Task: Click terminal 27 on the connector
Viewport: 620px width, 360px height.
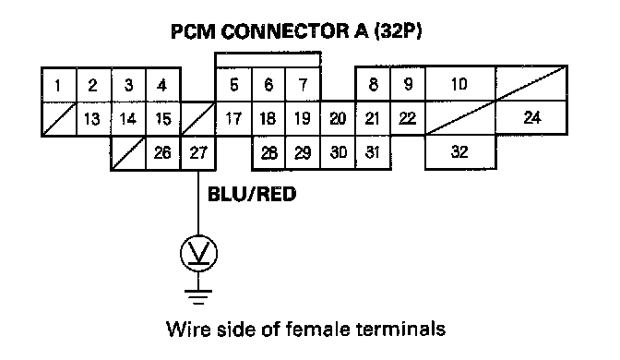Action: pyautogui.click(x=198, y=153)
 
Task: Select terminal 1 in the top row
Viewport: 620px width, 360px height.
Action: pyautogui.click(x=59, y=85)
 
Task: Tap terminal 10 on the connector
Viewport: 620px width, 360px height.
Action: pyautogui.click(x=459, y=84)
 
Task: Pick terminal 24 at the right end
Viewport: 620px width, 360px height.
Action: pyautogui.click(x=531, y=117)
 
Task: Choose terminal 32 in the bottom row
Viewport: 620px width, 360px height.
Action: pyautogui.click(x=460, y=152)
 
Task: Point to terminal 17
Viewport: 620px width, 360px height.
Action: pyautogui.click(x=233, y=119)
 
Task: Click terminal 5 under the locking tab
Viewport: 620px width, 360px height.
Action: pyautogui.click(x=233, y=85)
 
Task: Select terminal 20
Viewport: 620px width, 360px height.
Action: pyautogui.click(x=338, y=119)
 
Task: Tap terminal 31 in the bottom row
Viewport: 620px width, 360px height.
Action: pyautogui.click(x=373, y=152)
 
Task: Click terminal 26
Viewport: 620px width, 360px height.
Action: pyautogui.click(x=163, y=153)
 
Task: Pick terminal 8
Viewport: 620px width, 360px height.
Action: pyautogui.click(x=373, y=84)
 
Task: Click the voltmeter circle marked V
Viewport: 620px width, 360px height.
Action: pyautogui.click(x=198, y=254)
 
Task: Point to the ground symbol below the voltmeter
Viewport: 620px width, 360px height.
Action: pyautogui.click(x=198, y=297)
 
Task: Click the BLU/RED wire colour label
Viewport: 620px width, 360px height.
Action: pyautogui.click(x=252, y=194)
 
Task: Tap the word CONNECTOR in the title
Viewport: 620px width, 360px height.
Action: pyautogui.click(x=284, y=31)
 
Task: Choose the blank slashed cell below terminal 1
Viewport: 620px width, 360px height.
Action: pyautogui.click(x=59, y=119)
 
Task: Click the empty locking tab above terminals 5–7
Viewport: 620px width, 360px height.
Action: pyautogui.click(x=268, y=60)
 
